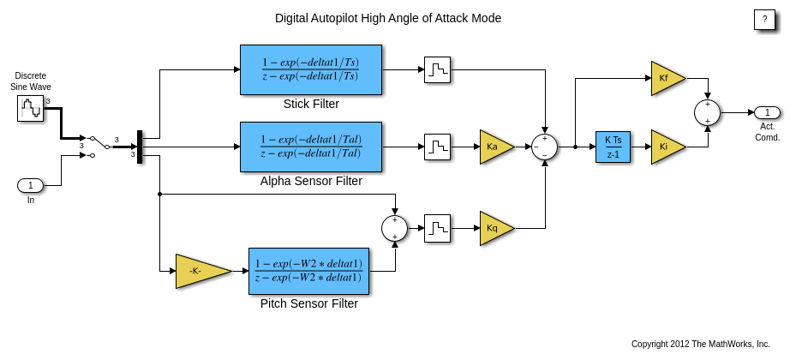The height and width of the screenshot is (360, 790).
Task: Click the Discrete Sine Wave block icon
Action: tap(30, 108)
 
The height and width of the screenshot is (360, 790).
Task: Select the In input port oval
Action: tap(31, 185)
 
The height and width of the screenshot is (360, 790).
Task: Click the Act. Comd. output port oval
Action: tap(767, 112)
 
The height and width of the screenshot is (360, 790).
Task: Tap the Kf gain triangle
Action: tap(667, 78)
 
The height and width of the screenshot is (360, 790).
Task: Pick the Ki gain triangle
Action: tap(667, 147)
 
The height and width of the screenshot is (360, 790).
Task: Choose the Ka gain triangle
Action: tap(495, 147)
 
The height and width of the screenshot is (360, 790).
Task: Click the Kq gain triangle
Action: tap(495, 228)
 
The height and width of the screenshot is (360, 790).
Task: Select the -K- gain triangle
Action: tap(200, 271)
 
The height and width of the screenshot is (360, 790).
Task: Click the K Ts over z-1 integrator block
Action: tap(613, 147)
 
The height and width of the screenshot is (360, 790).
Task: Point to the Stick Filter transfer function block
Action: tap(311, 69)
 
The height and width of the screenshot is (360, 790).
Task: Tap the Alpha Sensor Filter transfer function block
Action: tap(311, 147)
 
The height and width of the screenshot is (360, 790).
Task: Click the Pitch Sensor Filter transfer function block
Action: tap(308, 271)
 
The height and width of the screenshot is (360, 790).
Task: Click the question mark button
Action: tap(764, 20)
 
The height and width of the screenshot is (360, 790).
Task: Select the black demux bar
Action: tap(140, 147)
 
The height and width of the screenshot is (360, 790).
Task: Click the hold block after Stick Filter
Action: tap(437, 69)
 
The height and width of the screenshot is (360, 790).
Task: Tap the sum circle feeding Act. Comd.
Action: tap(707, 112)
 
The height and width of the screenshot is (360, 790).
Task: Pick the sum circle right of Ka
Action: tap(544, 147)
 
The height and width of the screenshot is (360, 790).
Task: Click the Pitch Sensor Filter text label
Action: tap(309, 303)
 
